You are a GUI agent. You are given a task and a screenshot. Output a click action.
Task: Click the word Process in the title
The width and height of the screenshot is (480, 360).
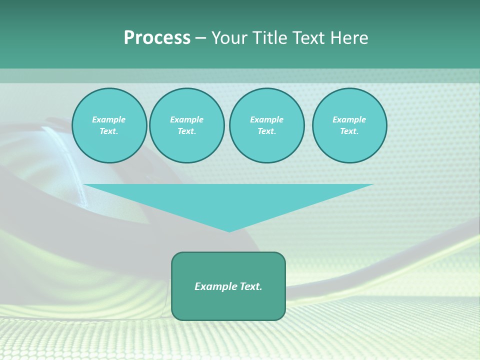(x=157, y=38)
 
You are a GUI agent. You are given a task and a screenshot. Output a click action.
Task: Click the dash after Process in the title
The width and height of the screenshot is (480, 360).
(x=200, y=38)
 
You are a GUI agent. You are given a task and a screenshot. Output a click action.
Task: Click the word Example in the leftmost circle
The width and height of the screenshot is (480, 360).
(x=109, y=119)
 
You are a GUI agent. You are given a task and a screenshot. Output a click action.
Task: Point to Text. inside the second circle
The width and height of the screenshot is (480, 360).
(x=186, y=131)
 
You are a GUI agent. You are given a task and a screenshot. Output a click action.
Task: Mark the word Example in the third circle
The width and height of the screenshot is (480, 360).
(x=266, y=119)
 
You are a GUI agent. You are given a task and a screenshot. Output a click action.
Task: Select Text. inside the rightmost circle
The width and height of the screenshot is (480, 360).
(x=349, y=131)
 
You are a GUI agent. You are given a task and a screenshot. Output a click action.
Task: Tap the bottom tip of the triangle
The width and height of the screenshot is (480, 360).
(x=229, y=230)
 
